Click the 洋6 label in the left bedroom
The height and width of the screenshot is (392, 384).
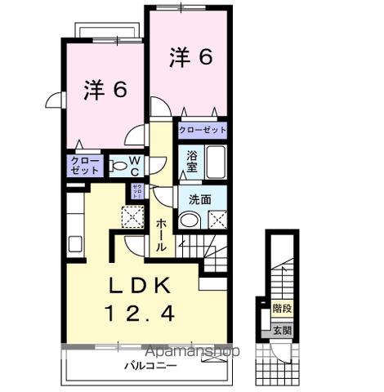point(105,90)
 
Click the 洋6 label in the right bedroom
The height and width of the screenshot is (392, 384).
point(191,57)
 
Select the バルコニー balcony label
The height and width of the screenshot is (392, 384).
point(150,366)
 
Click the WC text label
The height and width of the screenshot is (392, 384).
point(135,166)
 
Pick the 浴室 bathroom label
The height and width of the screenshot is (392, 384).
point(192,161)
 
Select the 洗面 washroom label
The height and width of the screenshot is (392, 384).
point(200,198)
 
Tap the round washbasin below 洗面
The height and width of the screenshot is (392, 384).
point(189,220)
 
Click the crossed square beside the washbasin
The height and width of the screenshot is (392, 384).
point(215,219)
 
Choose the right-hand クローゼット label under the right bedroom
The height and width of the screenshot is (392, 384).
point(202,130)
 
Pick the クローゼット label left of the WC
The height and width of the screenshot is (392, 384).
point(84,166)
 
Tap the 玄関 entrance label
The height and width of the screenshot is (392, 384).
point(282,331)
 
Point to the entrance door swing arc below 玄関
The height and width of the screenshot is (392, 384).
point(277,350)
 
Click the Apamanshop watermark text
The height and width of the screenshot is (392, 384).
point(193,352)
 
